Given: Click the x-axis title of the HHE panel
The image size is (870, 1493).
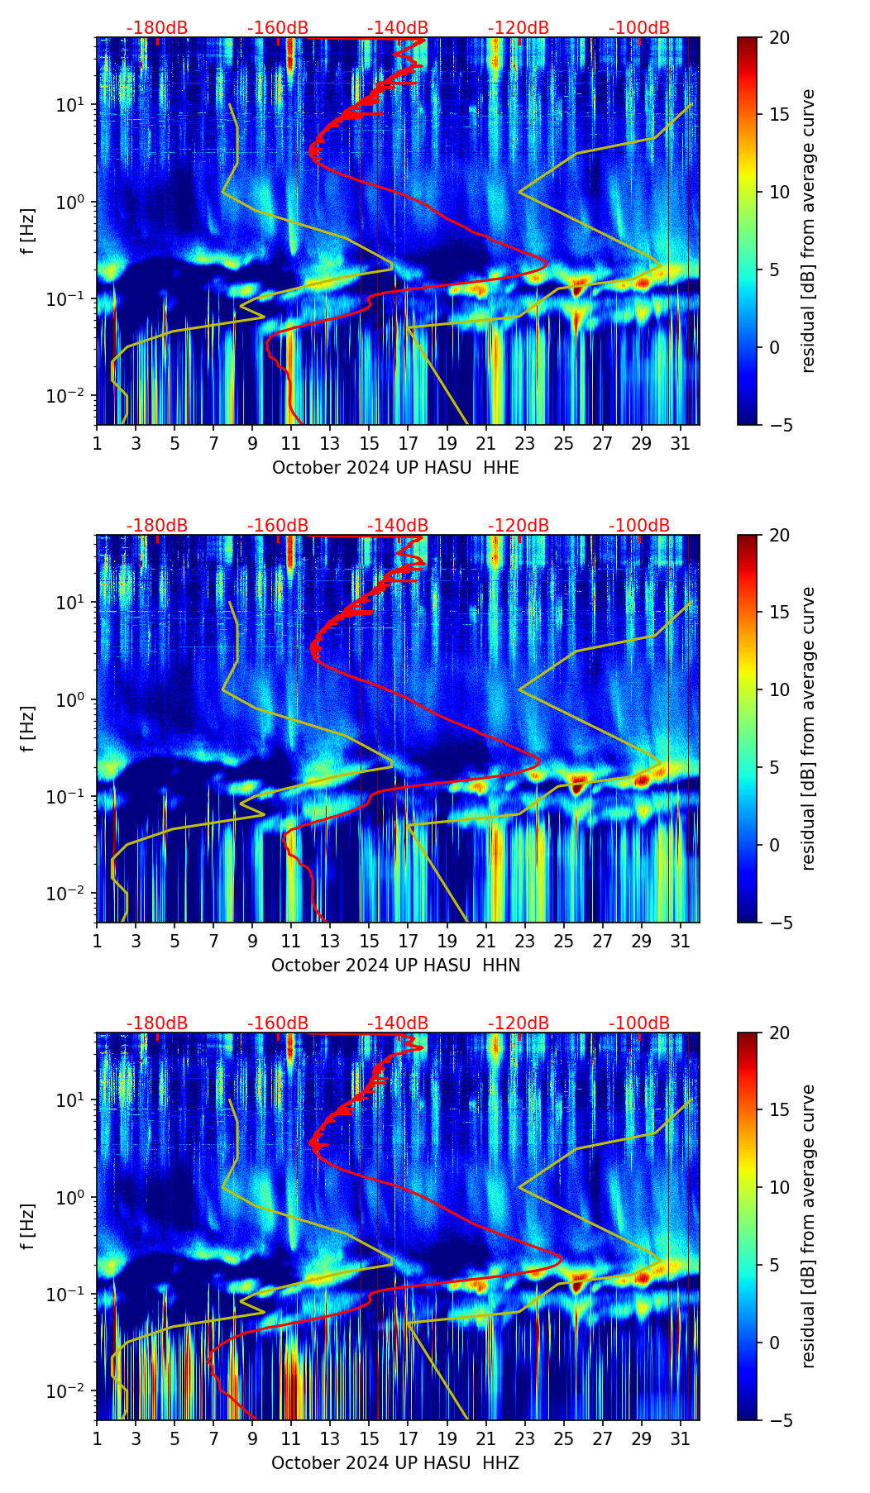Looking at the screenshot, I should (x=395, y=468).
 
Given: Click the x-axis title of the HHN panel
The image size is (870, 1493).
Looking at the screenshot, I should (x=395, y=966).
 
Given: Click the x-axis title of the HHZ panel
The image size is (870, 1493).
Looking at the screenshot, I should (x=395, y=1463).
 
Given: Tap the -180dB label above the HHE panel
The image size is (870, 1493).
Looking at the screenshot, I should (x=157, y=28).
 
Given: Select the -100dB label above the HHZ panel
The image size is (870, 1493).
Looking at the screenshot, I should (x=639, y=1023).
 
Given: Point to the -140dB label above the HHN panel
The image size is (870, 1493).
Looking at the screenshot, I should (x=398, y=526).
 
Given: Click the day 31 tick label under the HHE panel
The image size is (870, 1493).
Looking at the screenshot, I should (x=681, y=443).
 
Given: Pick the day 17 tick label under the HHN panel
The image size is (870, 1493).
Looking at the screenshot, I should (x=409, y=941).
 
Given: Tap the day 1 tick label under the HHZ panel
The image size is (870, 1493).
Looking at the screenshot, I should (x=97, y=1438).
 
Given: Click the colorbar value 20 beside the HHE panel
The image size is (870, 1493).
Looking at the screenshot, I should (x=779, y=38).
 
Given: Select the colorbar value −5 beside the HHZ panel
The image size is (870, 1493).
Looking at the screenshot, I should (x=779, y=1420).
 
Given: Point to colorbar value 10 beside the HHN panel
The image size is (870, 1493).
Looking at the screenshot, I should (x=779, y=689).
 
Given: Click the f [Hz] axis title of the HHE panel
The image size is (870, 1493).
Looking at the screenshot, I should (x=28, y=231).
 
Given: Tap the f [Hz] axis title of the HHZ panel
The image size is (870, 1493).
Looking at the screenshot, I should (x=28, y=1227).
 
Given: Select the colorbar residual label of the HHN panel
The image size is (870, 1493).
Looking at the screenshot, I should (x=809, y=728).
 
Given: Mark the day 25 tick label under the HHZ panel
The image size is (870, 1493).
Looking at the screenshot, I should (x=563, y=1438).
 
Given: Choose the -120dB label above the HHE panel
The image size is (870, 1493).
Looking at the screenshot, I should (x=519, y=28).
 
